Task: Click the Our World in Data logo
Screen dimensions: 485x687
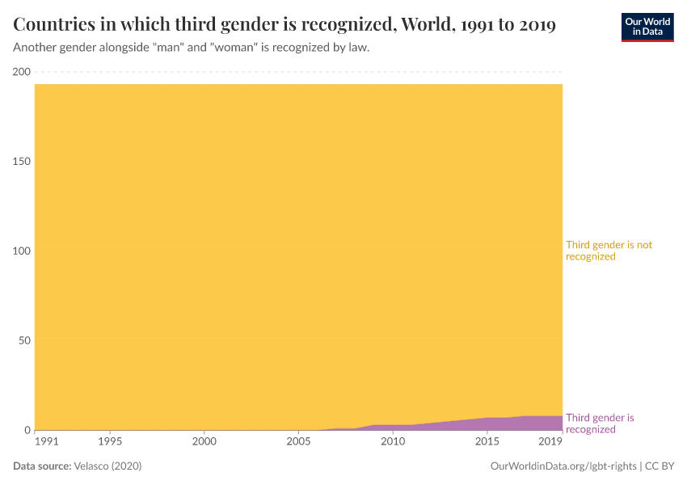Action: (x=647, y=27)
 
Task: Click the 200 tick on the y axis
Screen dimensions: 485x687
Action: (x=21, y=72)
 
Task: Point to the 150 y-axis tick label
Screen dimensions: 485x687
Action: (x=21, y=162)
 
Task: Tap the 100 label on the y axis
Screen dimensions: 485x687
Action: (x=21, y=251)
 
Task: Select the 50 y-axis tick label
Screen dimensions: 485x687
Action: (x=23, y=340)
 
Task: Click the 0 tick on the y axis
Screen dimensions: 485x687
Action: (x=27, y=430)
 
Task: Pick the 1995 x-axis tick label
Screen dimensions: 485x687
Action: (x=110, y=442)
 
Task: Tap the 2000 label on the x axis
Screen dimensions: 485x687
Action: (x=204, y=442)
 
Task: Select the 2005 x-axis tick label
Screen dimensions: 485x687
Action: (x=298, y=442)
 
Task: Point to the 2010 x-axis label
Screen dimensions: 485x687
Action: (x=393, y=442)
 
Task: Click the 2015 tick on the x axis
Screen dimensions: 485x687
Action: (x=487, y=442)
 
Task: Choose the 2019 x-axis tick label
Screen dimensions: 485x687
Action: (x=550, y=442)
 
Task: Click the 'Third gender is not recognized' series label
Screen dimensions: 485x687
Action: (x=609, y=251)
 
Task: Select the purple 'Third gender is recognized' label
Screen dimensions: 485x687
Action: (x=600, y=424)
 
